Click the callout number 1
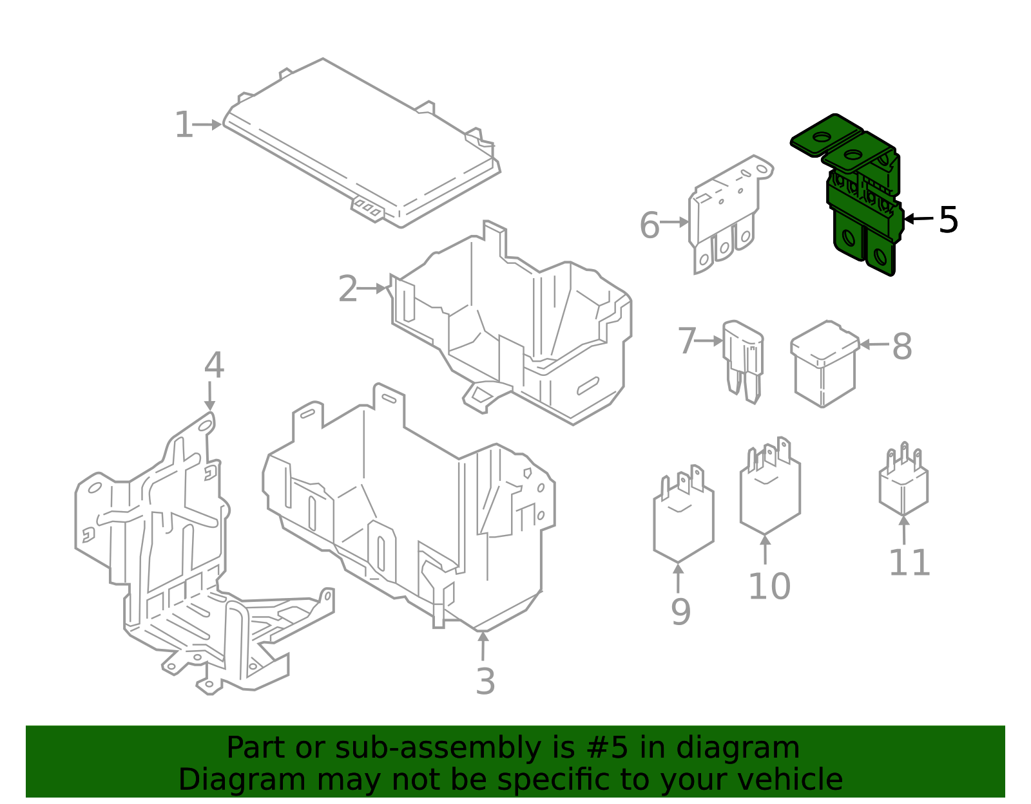click(184, 125)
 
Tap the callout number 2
click(347, 289)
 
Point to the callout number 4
click(213, 366)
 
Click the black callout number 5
click(948, 220)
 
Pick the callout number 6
click(650, 226)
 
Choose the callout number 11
click(909, 563)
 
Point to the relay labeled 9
click(683, 521)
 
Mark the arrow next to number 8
click(874, 345)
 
